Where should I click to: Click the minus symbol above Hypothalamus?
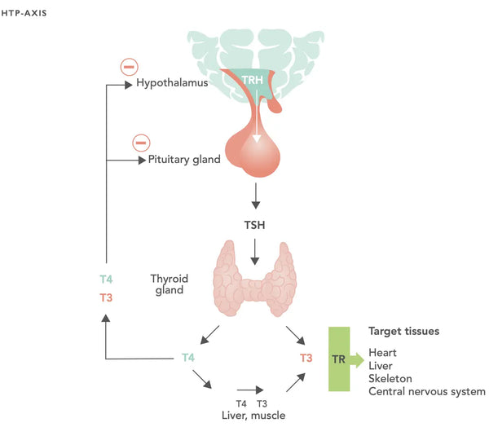(129, 67)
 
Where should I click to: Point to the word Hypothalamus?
(171, 83)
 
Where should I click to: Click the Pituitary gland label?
(184, 160)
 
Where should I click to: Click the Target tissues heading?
(405, 332)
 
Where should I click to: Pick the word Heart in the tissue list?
(383, 353)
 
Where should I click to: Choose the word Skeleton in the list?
(390, 379)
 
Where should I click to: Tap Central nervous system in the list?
(426, 392)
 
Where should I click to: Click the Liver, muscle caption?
(253, 416)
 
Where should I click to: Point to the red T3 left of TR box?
(306, 358)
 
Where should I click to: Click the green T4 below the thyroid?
(188, 357)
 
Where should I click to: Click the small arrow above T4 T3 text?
(251, 390)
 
